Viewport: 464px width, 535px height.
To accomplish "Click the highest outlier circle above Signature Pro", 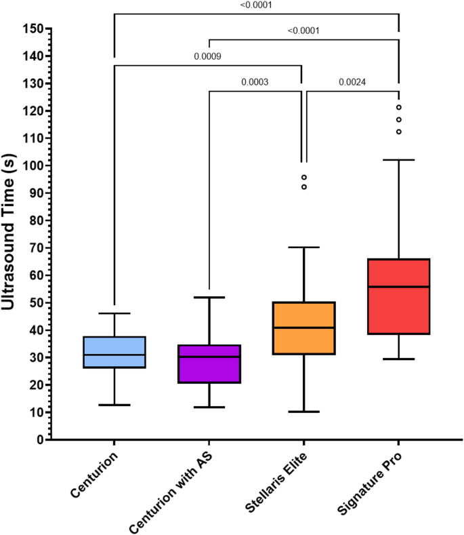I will tap(399, 107).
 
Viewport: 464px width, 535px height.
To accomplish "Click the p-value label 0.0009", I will tap(208, 56).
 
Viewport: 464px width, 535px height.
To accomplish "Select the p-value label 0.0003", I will tap(255, 83).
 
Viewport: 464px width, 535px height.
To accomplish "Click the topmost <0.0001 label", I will tap(256, 5).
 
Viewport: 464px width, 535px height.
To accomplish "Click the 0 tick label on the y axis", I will tap(41, 440).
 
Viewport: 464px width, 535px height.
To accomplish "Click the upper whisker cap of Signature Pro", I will tap(399, 160).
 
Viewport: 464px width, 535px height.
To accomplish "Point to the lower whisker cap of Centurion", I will tap(114, 405).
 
